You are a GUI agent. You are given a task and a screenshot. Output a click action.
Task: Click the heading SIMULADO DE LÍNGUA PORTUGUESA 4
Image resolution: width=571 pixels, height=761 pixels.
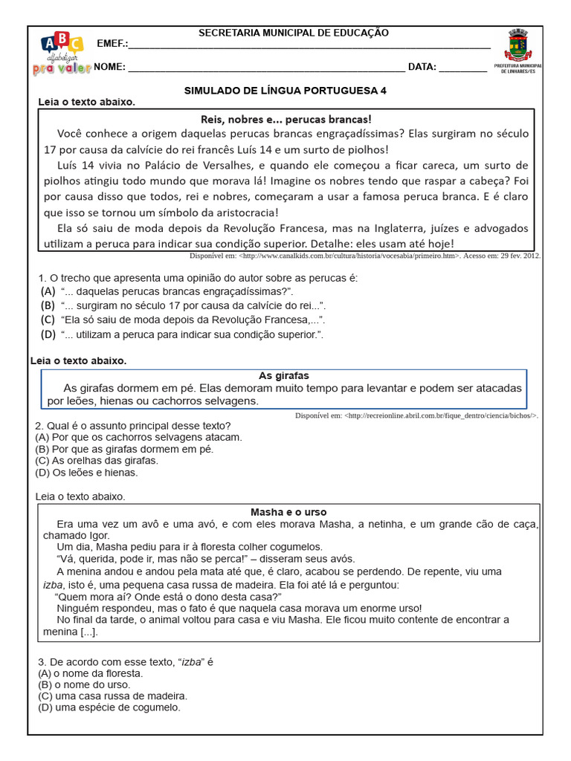click(x=285, y=90)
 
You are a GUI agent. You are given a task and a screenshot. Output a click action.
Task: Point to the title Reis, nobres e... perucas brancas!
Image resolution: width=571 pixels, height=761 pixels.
click(x=285, y=119)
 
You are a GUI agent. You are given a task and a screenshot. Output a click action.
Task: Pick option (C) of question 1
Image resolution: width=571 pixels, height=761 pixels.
click(x=183, y=320)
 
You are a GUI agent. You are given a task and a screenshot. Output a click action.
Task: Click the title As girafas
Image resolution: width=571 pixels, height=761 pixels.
click(x=283, y=375)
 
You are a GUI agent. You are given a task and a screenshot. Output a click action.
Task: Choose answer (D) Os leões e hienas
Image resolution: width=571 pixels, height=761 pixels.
click(x=86, y=472)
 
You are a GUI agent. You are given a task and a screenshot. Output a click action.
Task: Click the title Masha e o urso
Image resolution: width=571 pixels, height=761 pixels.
click(x=288, y=512)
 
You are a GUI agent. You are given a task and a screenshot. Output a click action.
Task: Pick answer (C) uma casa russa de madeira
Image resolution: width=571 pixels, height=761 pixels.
click(x=112, y=696)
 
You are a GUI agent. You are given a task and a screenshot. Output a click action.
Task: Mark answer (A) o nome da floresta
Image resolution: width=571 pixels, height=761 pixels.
click(x=90, y=673)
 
